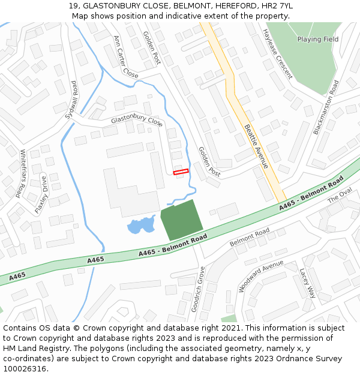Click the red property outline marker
(x=181, y=172)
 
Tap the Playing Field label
(x=317, y=40)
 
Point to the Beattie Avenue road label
(x=256, y=146)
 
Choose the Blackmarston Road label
(x=326, y=107)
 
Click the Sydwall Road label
(x=71, y=100)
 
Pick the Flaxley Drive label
(x=41, y=194)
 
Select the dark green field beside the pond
(x=182, y=220)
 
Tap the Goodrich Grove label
(x=198, y=288)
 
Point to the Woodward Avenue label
(x=260, y=276)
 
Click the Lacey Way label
(x=307, y=283)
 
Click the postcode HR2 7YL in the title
(x=278, y=6)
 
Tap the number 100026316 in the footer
(x=26, y=368)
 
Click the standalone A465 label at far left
(x=17, y=275)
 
